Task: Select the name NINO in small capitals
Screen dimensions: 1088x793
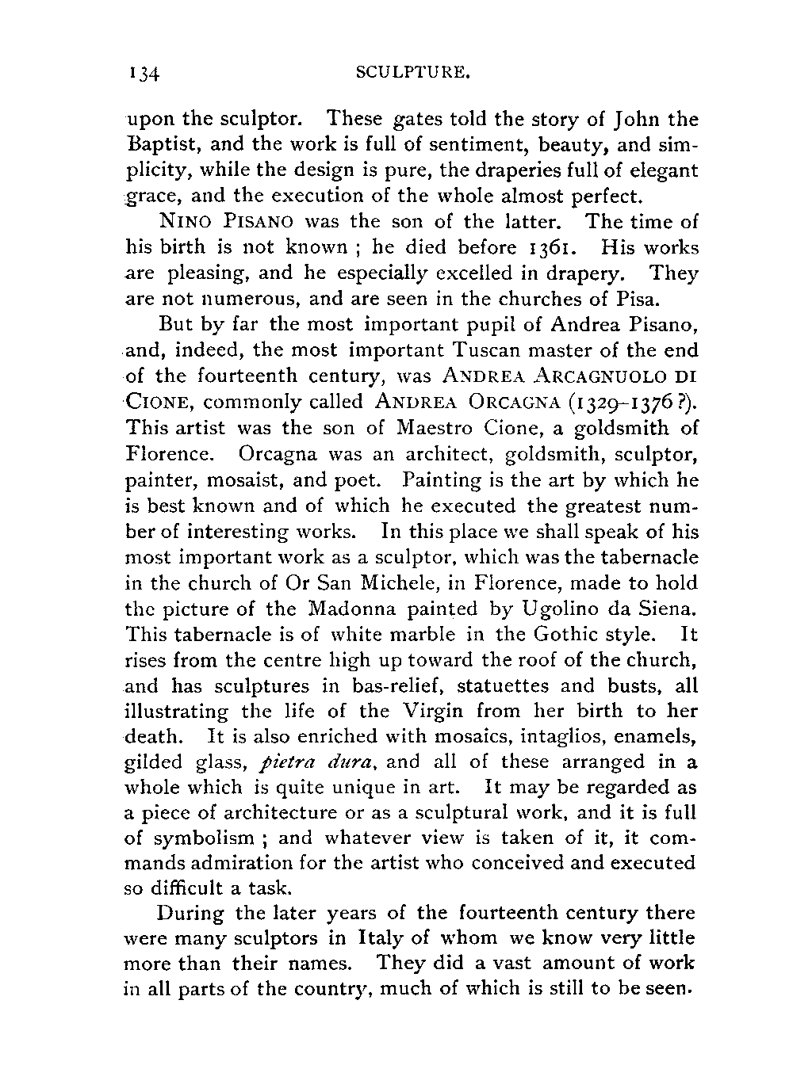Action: coord(182,223)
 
